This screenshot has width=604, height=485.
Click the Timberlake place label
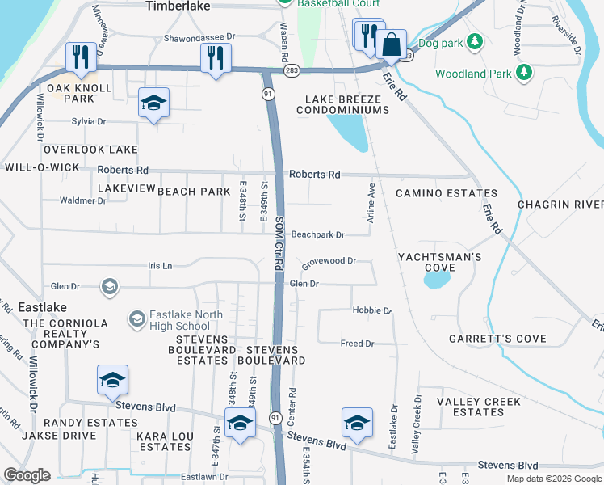click(x=177, y=6)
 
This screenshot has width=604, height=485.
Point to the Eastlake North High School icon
click(x=136, y=320)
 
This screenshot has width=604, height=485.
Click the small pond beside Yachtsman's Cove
click(x=436, y=280)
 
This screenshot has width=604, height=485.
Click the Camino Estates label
click(x=438, y=194)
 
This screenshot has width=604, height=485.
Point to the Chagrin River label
click(x=560, y=205)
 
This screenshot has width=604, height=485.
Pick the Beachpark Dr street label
click(x=318, y=234)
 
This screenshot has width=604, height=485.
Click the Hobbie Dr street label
click(x=371, y=310)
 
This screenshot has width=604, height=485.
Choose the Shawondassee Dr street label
click(x=199, y=37)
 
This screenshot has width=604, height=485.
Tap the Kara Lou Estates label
click(x=163, y=441)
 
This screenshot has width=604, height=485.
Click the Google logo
click(x=27, y=475)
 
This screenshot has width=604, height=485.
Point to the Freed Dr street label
click(x=358, y=344)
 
